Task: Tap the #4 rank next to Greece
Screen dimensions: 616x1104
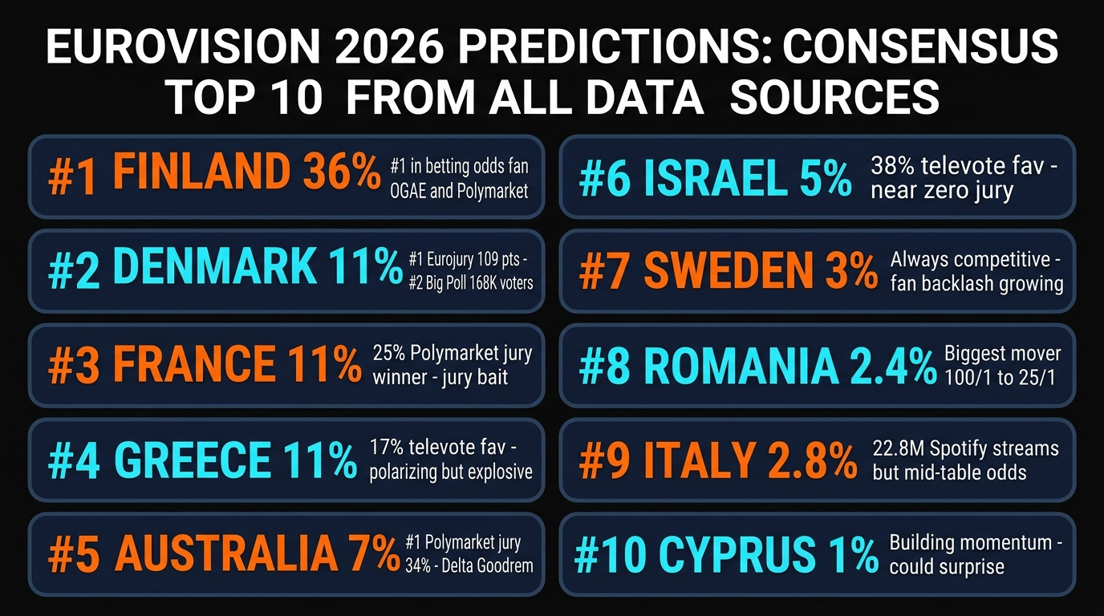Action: click(75, 460)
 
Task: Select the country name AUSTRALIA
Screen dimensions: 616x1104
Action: click(226, 553)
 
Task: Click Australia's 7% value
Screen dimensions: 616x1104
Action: click(375, 553)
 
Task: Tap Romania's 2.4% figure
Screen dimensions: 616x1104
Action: click(888, 367)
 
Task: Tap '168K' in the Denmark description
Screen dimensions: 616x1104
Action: click(473, 282)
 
